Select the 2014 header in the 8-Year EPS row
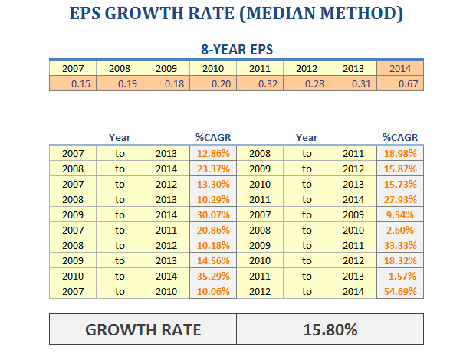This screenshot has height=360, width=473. click(x=400, y=69)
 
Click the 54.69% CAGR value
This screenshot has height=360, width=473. click(x=400, y=291)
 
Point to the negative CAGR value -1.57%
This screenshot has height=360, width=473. click(x=400, y=276)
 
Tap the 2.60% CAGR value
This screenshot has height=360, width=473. click(x=400, y=230)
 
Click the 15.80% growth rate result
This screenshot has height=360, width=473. click(x=330, y=329)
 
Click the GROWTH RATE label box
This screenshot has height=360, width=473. click(x=143, y=329)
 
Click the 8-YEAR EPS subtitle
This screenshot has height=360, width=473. click(x=237, y=49)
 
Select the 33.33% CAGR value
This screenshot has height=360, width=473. click(x=400, y=245)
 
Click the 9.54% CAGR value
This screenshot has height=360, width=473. click(x=400, y=214)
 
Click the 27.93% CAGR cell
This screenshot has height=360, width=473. click(x=400, y=199)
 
